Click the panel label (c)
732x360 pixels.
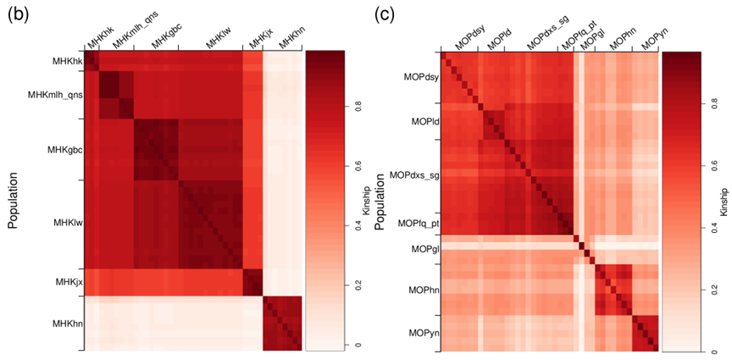pyautogui.click(x=384, y=16)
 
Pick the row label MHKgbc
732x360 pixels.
pyautogui.click(x=64, y=149)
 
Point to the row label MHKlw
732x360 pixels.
pyautogui.click(x=68, y=222)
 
